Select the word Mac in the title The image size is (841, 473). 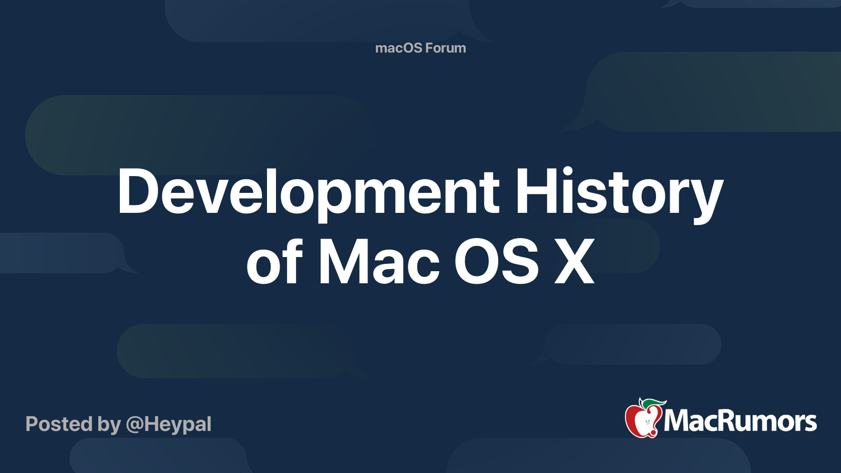(x=379, y=261)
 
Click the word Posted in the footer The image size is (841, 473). (x=59, y=424)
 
